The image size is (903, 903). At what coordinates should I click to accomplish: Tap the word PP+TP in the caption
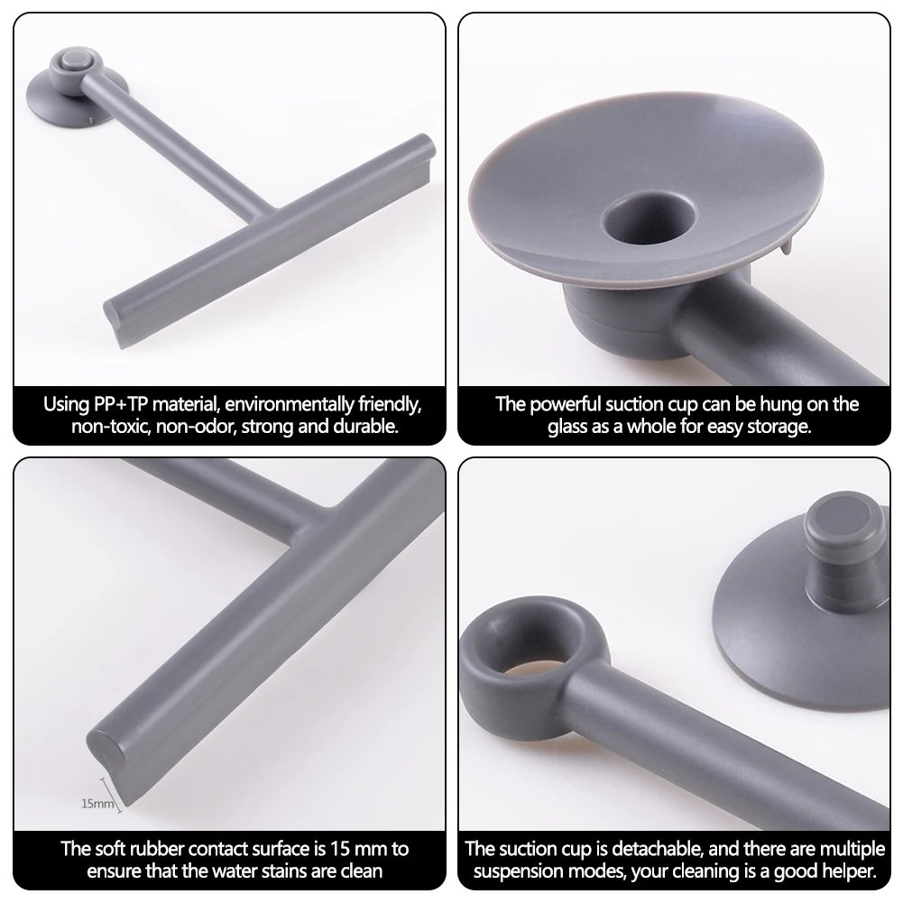point(115,403)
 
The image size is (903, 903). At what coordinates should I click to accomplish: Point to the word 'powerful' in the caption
point(566,403)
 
